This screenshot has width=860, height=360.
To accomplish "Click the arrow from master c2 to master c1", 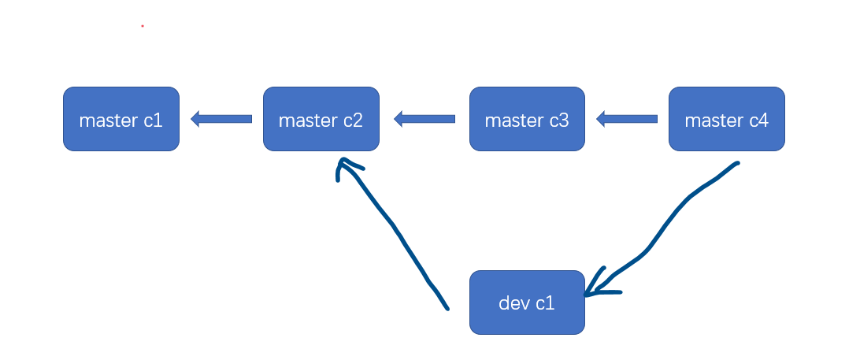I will pos(221,119).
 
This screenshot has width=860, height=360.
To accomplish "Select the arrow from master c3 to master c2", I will pos(424,119).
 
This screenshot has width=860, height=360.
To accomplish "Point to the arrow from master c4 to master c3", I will pos(627,119).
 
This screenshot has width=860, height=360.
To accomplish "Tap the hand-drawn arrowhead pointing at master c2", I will pos(344,165).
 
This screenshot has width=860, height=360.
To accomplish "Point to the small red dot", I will pos(143,26).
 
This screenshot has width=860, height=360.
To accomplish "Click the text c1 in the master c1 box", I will pos(153,121).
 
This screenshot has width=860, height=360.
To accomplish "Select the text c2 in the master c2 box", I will pos(353,121).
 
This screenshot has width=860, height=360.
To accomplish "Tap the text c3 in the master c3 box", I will pos(559,121).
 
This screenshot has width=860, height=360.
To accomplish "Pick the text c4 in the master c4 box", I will pos(758,121).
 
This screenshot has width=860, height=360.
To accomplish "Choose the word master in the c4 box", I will pos(714,121).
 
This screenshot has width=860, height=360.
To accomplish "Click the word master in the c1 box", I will pos(109,121).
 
